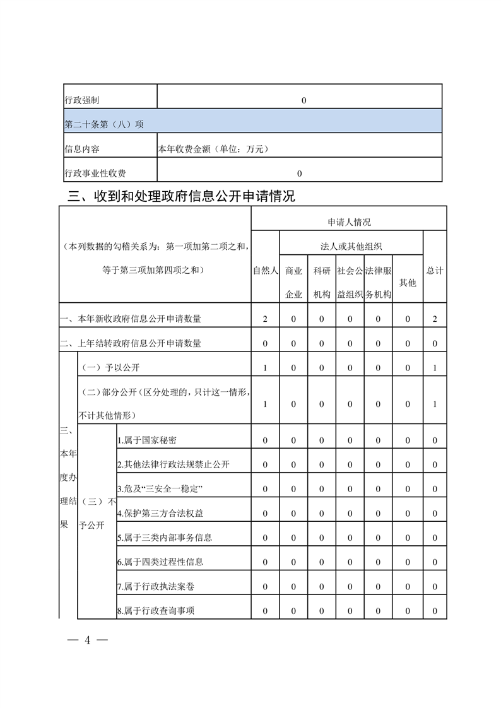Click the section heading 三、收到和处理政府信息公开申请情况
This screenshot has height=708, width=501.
(x=181, y=196)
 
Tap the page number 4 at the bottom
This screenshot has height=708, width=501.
(x=88, y=640)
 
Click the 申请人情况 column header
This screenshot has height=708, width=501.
(x=349, y=222)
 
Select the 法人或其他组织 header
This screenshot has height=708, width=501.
(x=351, y=246)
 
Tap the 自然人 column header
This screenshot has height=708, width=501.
(x=265, y=271)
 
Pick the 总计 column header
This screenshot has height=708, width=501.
(x=435, y=271)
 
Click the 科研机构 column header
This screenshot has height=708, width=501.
(x=321, y=283)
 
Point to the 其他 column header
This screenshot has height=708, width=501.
(x=408, y=283)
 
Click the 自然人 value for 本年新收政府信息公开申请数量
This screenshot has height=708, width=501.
(x=265, y=319)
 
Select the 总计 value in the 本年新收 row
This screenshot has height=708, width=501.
(x=435, y=319)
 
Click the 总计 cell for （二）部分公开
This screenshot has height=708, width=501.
(x=435, y=404)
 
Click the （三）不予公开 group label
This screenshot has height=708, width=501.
(x=97, y=514)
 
